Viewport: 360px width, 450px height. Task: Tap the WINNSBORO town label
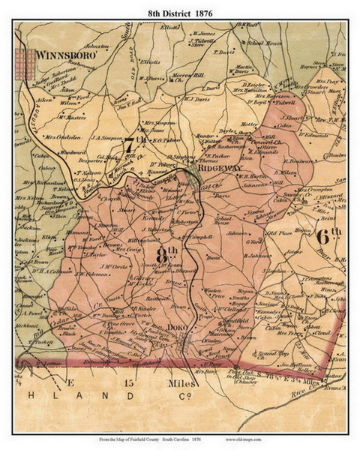coord(62,55)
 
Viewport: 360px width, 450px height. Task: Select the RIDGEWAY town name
coord(222,169)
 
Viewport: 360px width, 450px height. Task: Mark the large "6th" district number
coord(328,235)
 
